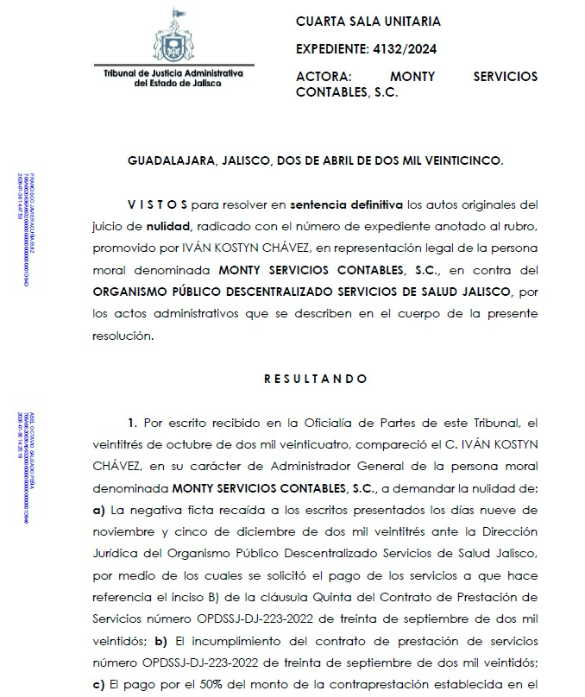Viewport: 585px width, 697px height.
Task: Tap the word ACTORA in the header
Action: point(323,76)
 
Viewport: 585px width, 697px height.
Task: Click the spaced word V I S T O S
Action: point(157,205)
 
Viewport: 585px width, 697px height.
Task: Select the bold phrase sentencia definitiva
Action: point(346,205)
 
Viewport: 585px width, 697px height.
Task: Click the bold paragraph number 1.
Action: point(132,423)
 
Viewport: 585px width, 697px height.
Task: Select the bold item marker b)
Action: point(160,642)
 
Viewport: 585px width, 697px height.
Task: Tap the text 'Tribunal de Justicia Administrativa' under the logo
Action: point(173,75)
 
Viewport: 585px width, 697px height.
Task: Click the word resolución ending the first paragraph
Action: point(123,336)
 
